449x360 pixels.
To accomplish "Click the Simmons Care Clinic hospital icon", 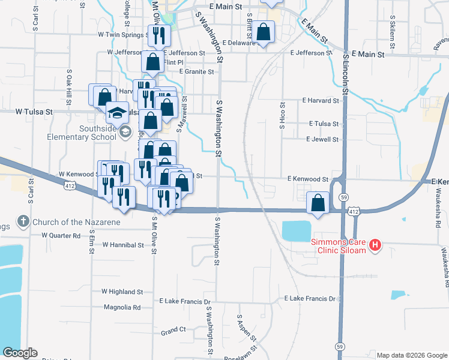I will (376, 245).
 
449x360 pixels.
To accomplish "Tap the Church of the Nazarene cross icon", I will (24, 222).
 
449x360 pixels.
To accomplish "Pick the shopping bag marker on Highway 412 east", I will (318, 203).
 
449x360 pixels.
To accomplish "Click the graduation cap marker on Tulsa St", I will (118, 113).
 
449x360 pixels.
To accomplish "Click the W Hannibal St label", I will (123, 245).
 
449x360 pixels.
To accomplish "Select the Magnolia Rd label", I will (122, 307).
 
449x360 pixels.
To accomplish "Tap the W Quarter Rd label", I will (61, 236).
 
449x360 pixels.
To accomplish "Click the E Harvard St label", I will (321, 100).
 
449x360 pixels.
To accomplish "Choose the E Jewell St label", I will (322, 139).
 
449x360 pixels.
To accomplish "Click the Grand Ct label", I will (173, 331).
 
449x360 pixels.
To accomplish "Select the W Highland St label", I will (122, 292).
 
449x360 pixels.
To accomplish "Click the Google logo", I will (20, 353).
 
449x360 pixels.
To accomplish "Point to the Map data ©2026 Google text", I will (411, 355).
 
